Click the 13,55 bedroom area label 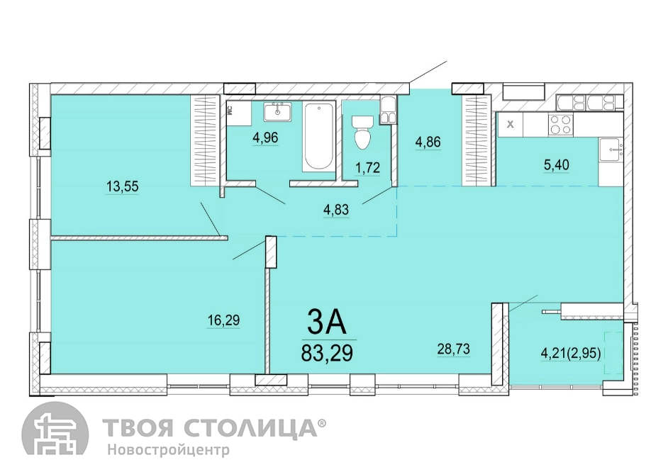click(123, 186)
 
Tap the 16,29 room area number click(223, 320)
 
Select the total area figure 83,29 click(327, 353)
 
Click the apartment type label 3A click(327, 322)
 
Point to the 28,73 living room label click(454, 349)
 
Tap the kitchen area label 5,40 click(557, 164)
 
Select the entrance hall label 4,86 click(428, 142)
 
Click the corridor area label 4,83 click(336, 209)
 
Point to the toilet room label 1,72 click(367, 168)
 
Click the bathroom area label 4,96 click(265, 137)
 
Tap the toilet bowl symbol click(362, 132)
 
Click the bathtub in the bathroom click(319, 136)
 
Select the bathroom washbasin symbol click(278, 111)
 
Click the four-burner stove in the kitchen click(560, 125)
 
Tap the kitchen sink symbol click(611, 150)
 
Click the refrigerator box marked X click(511, 125)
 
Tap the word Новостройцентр click(168, 450)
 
